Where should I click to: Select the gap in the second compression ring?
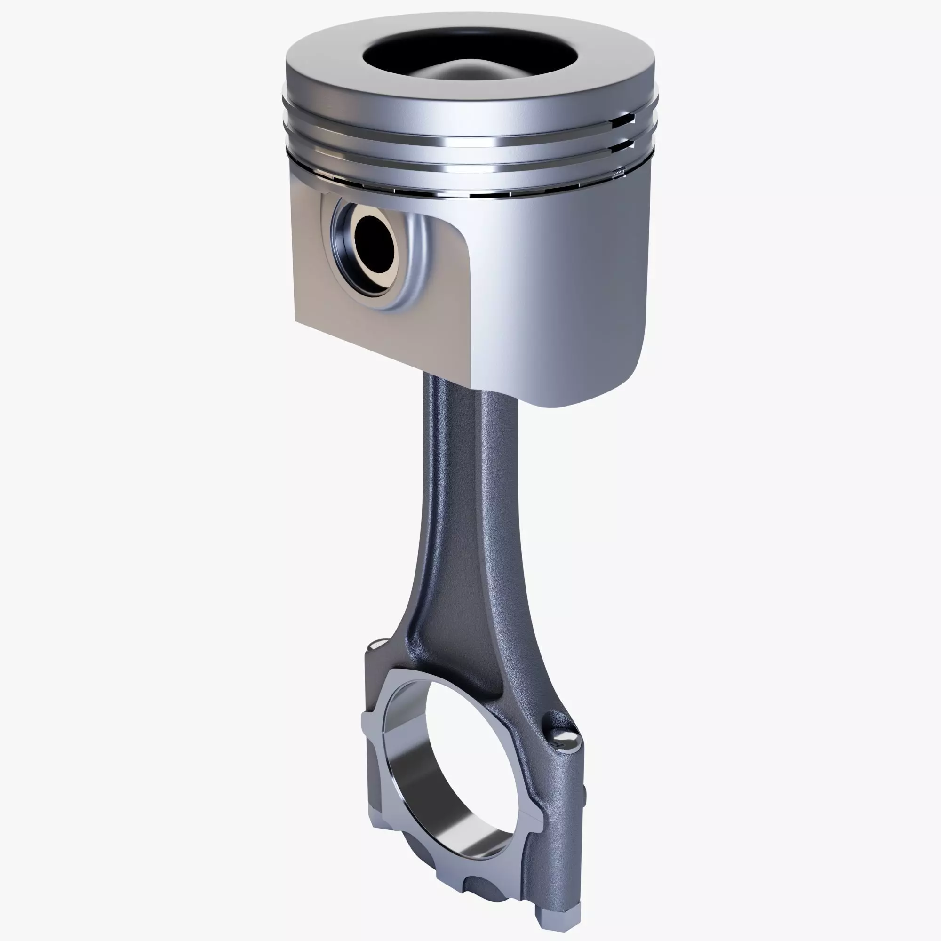click(631, 144)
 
